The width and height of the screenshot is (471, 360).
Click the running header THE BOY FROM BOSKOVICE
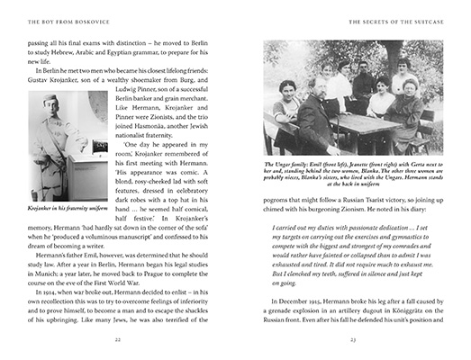(x=65, y=20)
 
